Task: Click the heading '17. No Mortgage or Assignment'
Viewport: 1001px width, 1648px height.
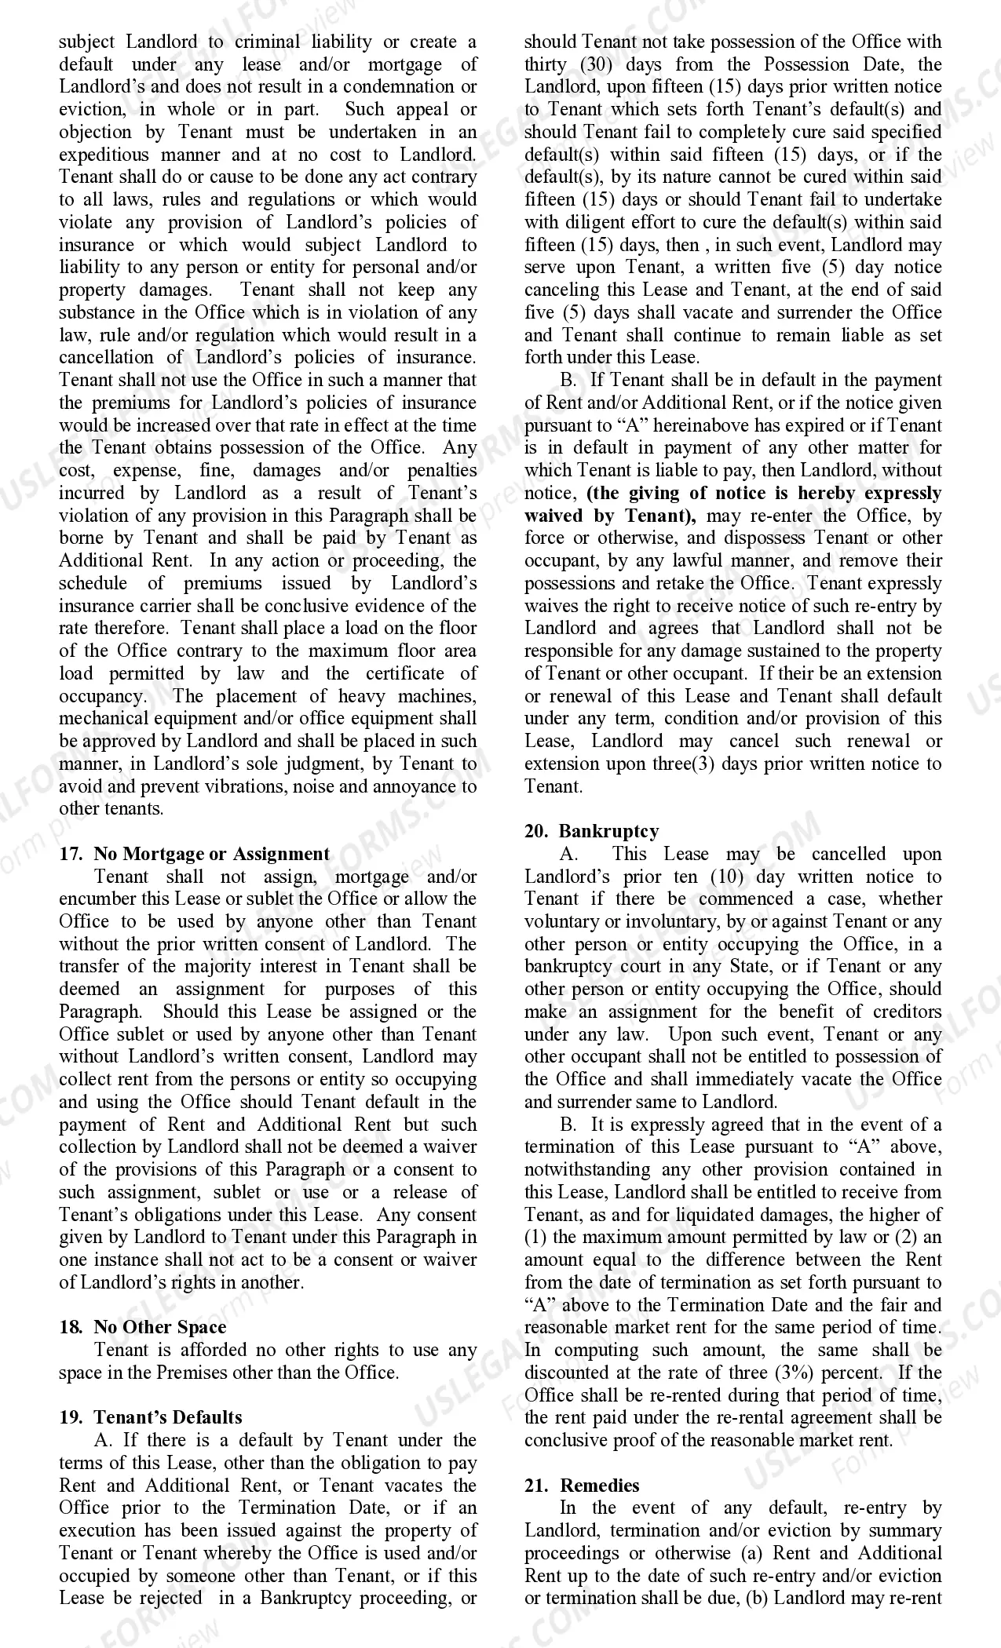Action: pyautogui.click(x=195, y=854)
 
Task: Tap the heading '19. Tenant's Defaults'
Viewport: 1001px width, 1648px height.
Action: pyautogui.click(x=150, y=1417)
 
